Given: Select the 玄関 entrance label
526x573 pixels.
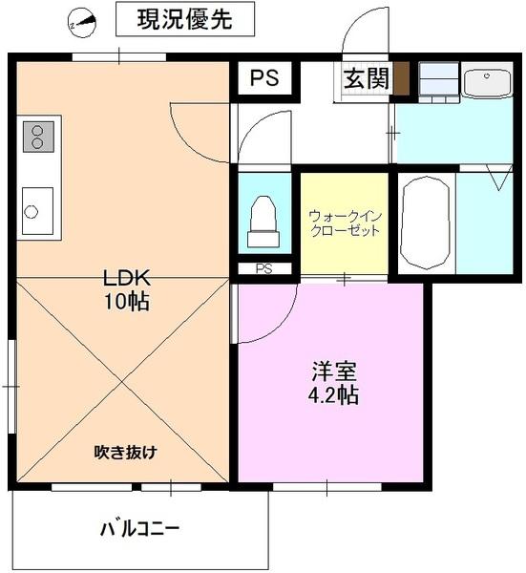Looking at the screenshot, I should coord(365,79).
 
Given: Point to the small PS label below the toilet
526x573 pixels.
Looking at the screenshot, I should coord(263,268).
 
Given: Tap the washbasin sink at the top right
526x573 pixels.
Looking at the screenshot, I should coord(490,82).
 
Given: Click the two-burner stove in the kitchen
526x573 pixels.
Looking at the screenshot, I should coord(38,137).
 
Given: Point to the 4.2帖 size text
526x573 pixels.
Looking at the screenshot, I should coord(334,393).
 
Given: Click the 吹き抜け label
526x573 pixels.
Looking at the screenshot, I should coord(124,451).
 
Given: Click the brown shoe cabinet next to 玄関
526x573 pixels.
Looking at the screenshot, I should coord(402,78).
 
